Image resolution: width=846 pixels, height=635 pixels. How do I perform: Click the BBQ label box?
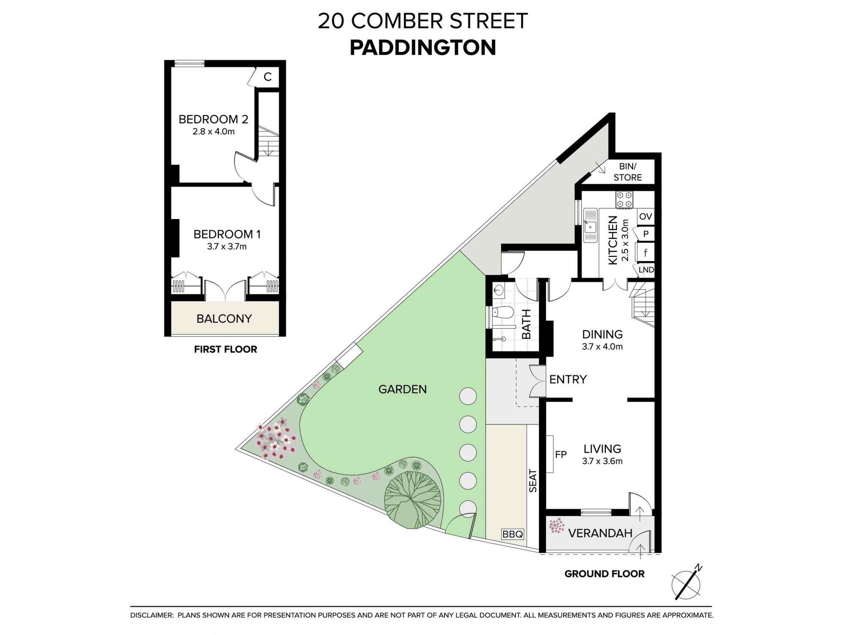coord(513,534)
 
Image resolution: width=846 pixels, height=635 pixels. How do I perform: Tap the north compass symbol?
coord(686,584)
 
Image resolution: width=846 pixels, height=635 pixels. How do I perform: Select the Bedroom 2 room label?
coord(213,119)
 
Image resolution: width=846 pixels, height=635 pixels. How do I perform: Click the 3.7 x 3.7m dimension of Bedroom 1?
coord(227,246)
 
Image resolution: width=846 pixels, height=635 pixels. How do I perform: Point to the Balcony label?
coord(224,318)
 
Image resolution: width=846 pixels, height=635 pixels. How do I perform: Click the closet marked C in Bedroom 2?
coord(267,77)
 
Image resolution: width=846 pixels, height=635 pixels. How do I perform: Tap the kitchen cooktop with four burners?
coord(624,200)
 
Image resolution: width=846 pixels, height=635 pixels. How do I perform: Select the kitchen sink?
coord(590,225)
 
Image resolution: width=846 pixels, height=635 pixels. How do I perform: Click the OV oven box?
coord(645,217)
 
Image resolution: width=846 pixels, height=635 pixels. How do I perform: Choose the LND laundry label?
coord(646,270)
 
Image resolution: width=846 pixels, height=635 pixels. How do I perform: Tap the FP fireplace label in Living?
coord(561,454)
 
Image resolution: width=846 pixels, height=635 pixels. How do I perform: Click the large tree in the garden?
coord(413,499)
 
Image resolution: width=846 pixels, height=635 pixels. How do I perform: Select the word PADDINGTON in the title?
coord(423,48)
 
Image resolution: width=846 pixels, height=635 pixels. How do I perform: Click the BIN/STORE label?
coord(628,172)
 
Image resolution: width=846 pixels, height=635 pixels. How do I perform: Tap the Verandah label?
coord(600,533)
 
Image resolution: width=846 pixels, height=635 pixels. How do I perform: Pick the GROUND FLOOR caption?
coord(604,574)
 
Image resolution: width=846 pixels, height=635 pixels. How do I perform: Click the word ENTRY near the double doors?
coord(568,379)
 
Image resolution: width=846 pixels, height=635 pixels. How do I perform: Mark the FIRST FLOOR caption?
coord(225,349)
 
